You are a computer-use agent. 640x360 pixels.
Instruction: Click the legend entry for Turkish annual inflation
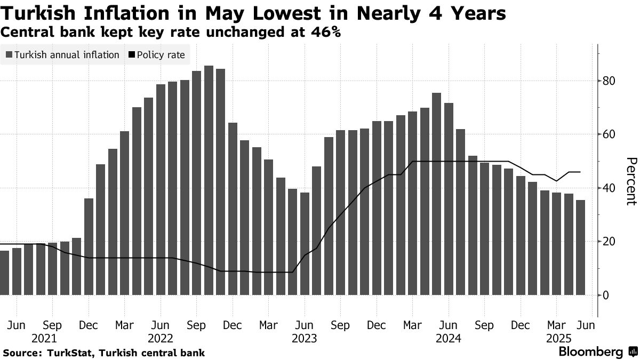[x=62, y=55]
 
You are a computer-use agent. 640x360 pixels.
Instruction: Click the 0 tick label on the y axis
[x=606, y=295]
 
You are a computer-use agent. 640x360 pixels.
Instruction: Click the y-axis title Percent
[x=631, y=181]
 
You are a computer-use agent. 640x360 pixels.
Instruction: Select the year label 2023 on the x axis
[x=305, y=338]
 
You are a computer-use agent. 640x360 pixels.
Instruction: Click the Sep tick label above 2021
[x=52, y=325]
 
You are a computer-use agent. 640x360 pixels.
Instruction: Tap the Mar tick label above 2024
[x=412, y=325]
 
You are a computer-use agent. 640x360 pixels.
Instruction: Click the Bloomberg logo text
[x=590, y=352]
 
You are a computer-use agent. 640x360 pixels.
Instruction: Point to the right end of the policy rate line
[x=580, y=172]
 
